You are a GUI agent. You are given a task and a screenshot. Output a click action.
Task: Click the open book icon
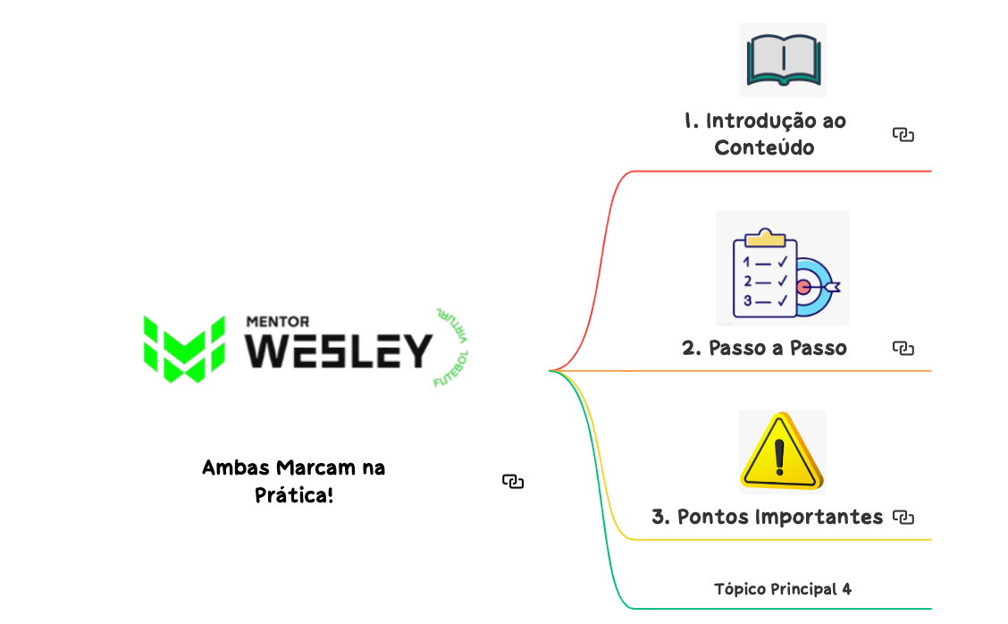783,59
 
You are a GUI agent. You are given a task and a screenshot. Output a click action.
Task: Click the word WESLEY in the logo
339,351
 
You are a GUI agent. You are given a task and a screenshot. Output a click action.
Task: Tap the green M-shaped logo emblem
184,348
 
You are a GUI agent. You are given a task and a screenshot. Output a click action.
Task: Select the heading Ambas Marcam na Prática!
294,480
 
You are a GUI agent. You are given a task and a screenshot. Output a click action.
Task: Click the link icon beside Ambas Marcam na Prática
513,482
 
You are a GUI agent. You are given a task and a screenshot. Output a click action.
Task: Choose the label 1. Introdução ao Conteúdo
765,134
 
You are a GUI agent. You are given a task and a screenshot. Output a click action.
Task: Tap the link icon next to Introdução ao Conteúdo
903,135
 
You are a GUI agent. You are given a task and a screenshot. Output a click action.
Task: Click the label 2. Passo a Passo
764,348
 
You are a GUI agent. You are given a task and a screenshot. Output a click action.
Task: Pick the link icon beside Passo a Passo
903,348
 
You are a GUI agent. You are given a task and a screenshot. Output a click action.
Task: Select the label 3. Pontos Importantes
767,517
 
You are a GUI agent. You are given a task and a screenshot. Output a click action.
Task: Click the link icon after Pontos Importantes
904,517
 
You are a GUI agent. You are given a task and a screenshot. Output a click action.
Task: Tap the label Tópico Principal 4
783,588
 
